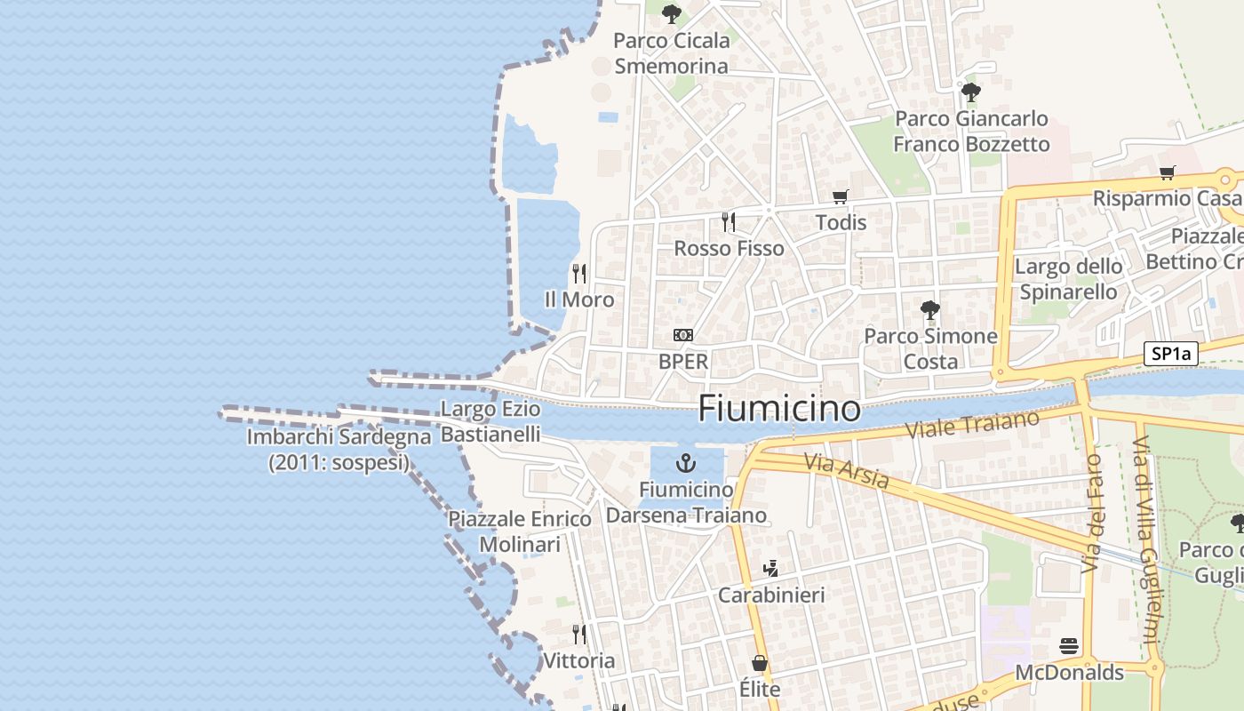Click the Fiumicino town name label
point(779,409)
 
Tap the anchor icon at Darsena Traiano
point(685,463)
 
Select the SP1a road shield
point(1171,354)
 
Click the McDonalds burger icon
point(1069,646)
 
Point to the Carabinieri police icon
point(771,568)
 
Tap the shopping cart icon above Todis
point(840,196)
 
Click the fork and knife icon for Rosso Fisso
point(729,221)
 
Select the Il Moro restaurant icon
point(579,273)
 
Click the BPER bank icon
point(683,335)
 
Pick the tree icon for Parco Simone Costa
point(930,310)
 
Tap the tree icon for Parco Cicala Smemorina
point(672,13)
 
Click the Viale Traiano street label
point(972,424)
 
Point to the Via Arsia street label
point(846,471)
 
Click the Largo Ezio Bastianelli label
point(490,421)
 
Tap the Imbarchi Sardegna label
point(339,450)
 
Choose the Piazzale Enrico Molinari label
point(520,531)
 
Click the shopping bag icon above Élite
point(760,663)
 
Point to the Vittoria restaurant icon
point(579,635)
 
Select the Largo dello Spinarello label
point(1069,279)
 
